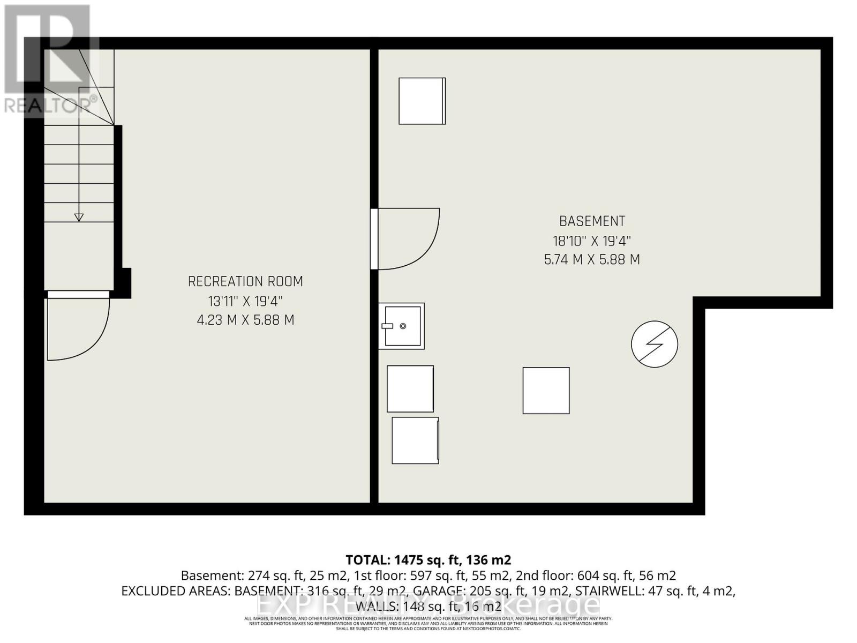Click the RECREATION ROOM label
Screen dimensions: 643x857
pos(245,281)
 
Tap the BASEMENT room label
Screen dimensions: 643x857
pos(592,221)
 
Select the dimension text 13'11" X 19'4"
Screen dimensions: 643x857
pos(245,301)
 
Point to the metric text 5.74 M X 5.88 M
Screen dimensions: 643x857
pos(592,260)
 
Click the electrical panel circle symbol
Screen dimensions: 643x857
pos(655,344)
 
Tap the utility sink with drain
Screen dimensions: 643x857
pos(402,326)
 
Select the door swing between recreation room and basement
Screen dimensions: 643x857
pos(407,239)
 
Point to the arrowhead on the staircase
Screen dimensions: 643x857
pos(79,217)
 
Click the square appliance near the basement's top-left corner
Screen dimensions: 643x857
pos(422,101)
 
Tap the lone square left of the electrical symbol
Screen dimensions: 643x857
pos(546,390)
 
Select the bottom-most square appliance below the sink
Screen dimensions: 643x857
pos(415,440)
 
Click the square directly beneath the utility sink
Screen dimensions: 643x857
pos(410,388)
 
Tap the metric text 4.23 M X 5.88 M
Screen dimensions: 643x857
pos(245,320)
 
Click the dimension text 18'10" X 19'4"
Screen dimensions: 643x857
pos(592,241)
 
